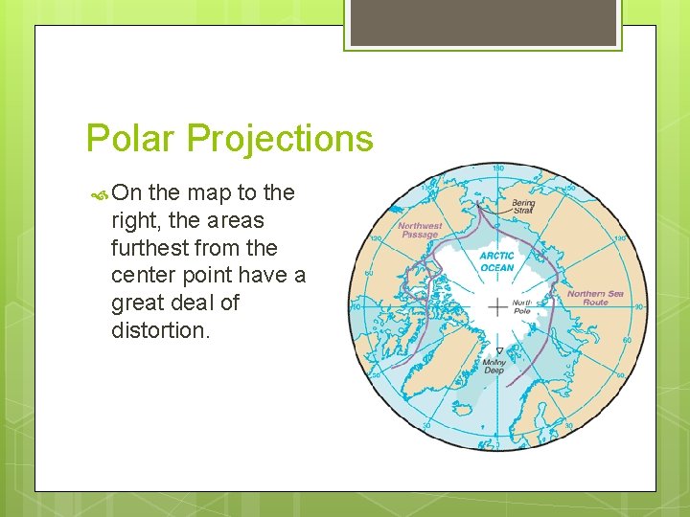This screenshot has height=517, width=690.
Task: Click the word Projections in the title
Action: coord(280,140)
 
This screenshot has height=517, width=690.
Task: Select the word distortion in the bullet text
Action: coord(158,330)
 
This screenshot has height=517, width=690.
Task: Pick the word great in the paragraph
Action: coord(138,303)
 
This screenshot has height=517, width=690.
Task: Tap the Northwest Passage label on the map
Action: coord(420,231)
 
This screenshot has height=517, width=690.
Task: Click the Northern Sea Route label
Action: coord(594,298)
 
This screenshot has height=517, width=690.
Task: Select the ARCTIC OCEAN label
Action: coord(496,261)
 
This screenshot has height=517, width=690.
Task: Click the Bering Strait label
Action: coord(523,206)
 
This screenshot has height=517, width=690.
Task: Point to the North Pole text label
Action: coord(522,306)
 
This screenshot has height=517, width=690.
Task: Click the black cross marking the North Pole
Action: coord(497,307)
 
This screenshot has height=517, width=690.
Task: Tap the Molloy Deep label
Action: coord(494,367)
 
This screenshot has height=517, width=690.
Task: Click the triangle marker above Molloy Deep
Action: coord(498,351)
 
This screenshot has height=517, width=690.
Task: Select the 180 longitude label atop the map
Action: coord(497,169)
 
